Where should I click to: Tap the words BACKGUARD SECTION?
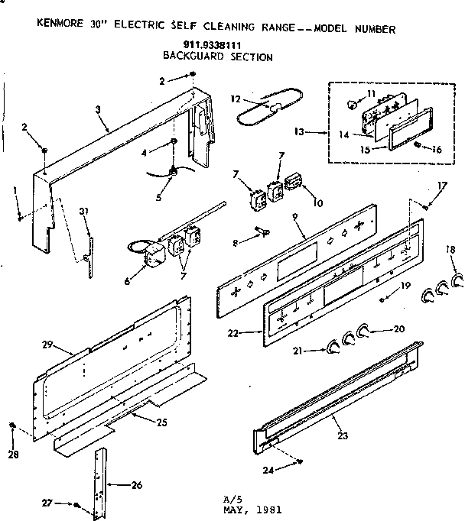pyautogui.click(x=217, y=56)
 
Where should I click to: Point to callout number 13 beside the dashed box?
pyautogui.click(x=299, y=132)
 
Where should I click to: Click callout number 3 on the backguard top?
pyautogui.click(x=98, y=110)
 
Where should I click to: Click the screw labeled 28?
pyautogui.click(x=13, y=425)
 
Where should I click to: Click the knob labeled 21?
pyautogui.click(x=331, y=349)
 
